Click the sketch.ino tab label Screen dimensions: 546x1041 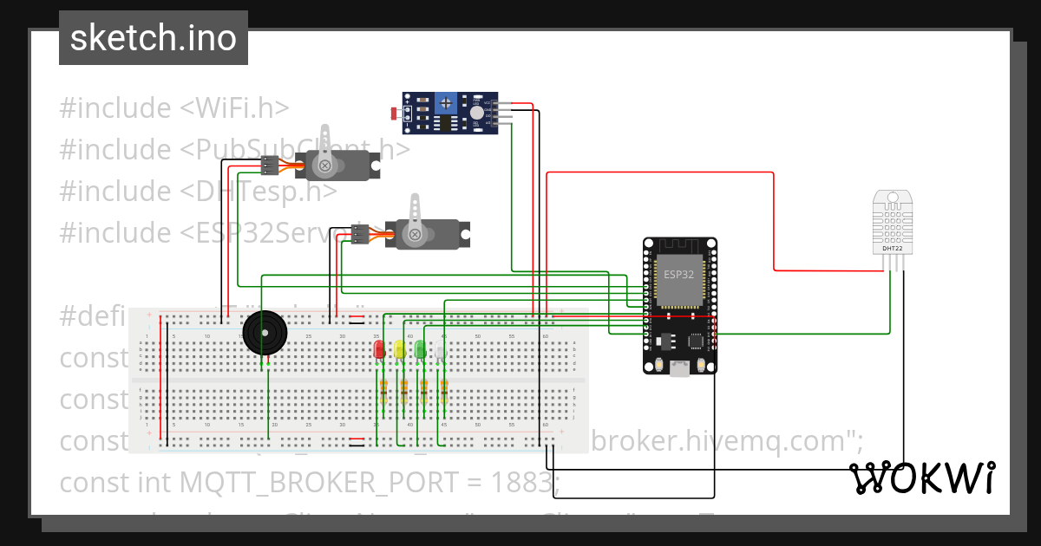[x=153, y=38]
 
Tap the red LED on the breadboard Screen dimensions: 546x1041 [x=379, y=349]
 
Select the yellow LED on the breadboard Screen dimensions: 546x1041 [x=399, y=349]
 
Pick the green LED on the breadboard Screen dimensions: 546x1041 [x=420, y=349]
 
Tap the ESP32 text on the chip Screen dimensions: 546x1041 [x=678, y=275]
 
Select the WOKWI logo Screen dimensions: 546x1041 [x=921, y=478]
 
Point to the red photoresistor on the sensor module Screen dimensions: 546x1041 [x=396, y=114]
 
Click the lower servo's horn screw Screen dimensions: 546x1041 [x=416, y=234]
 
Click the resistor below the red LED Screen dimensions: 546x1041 [x=383, y=392]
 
